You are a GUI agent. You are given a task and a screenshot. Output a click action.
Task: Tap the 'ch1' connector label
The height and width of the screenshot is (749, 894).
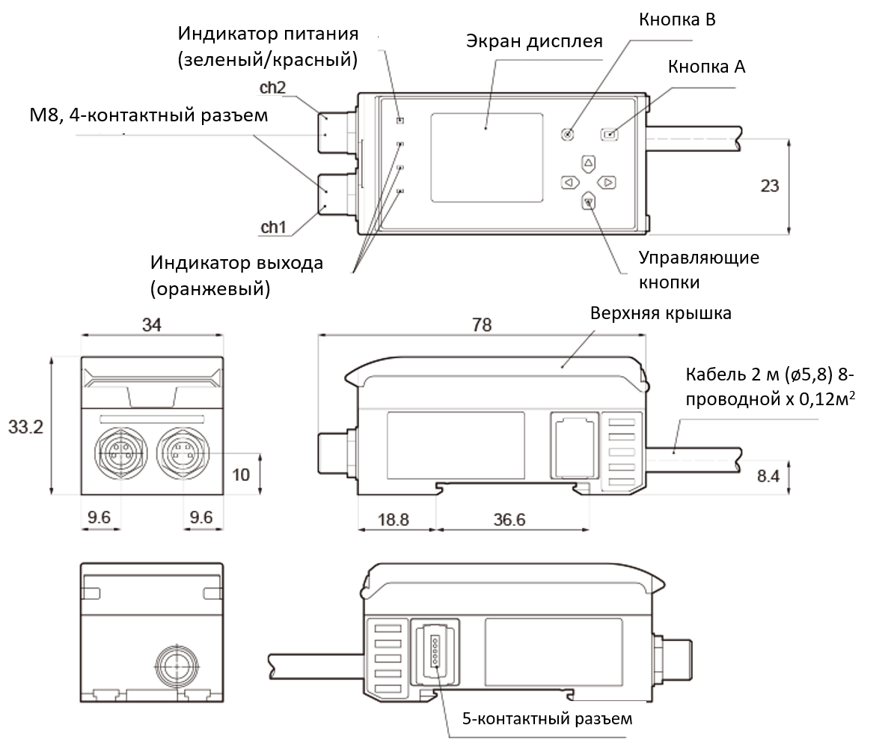coord(273,225)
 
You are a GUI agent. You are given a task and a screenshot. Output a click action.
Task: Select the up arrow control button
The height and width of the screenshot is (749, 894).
coord(589,162)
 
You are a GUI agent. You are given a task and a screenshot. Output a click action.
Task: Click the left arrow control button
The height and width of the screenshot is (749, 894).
coord(569,181)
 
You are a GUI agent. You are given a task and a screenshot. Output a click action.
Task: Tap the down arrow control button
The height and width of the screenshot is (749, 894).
coord(589,200)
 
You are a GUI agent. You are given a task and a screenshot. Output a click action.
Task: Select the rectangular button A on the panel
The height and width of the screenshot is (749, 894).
coord(610,135)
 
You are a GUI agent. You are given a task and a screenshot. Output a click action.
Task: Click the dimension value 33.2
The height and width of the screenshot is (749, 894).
coord(25,427)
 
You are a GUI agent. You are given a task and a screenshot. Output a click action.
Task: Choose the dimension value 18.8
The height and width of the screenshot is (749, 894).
coord(394,518)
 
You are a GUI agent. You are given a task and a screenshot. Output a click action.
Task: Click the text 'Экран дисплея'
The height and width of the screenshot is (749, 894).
coord(533,41)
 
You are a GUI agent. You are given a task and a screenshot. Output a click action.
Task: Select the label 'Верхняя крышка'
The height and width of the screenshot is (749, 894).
coord(661,313)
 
